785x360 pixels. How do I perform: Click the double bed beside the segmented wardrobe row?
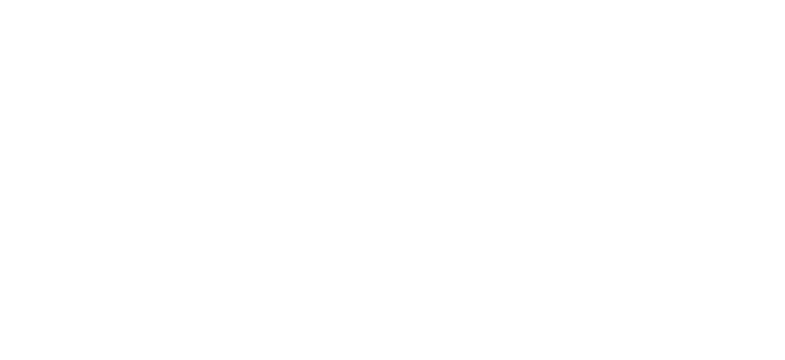point(718,190)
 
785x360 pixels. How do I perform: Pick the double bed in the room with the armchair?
point(234,219)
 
